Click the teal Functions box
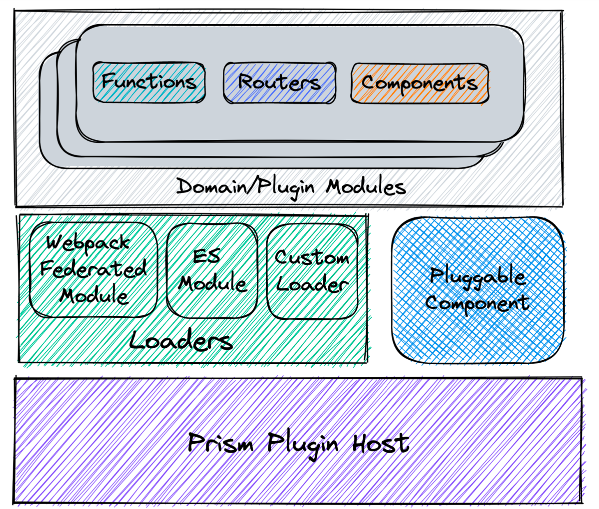(149, 82)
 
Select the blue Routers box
(279, 83)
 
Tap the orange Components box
(419, 83)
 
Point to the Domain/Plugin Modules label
(291, 187)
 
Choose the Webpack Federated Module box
(93, 270)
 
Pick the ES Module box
(212, 271)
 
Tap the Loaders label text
(181, 341)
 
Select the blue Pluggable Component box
(478, 290)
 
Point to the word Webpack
(88, 243)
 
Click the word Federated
(93, 269)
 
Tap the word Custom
(312, 258)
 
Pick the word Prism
(220, 443)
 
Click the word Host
(380, 443)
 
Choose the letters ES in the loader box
(207, 257)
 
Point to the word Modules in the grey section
(366, 187)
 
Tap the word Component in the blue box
(477, 303)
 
